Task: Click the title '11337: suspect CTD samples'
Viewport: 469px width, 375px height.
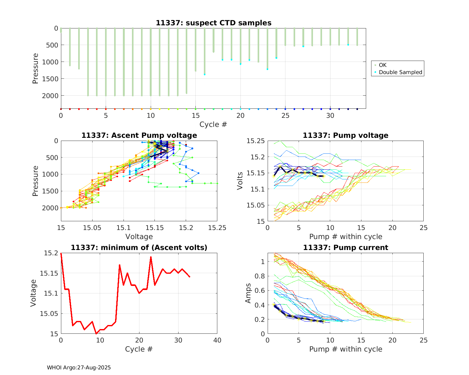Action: [214, 23]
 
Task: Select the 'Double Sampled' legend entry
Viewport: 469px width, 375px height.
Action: [400, 72]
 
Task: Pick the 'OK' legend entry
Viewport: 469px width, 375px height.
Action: [382, 65]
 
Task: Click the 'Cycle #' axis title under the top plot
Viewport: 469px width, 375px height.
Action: [213, 124]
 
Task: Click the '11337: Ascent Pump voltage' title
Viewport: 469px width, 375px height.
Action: [139, 135]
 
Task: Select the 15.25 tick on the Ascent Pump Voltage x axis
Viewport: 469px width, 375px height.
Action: [217, 228]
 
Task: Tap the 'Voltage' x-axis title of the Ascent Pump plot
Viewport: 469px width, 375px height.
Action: [139, 237]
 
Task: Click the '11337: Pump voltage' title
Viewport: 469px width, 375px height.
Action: [345, 135]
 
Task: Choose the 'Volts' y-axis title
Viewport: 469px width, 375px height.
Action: [240, 181]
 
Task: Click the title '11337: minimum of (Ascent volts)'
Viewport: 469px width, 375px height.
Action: [139, 247]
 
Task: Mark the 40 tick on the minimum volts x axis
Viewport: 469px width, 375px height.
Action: [217, 340]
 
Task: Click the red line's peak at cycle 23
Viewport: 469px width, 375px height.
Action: [151, 257]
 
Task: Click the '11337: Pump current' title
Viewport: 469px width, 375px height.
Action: [345, 247]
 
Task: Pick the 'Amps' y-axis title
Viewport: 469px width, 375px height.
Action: [248, 293]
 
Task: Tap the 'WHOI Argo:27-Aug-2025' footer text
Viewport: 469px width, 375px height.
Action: [79, 367]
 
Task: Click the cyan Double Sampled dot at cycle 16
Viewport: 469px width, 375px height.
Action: [204, 74]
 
